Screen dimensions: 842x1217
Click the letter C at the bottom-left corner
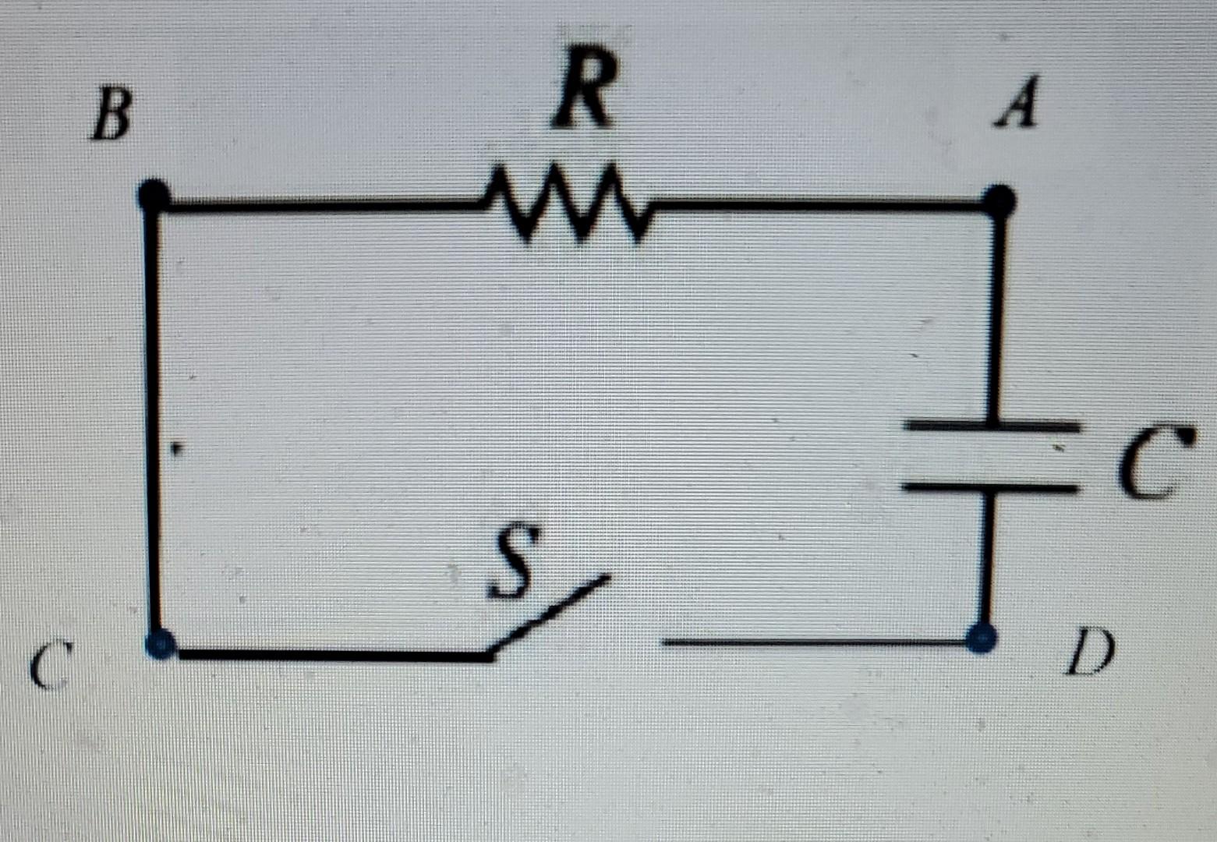51,666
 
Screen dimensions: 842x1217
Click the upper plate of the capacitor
990,426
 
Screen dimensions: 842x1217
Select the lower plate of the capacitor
989,486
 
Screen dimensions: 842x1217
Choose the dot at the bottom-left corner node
161,644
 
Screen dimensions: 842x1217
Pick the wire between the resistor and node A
819,206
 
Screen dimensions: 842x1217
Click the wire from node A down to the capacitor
995,312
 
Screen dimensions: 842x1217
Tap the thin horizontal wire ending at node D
811,642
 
